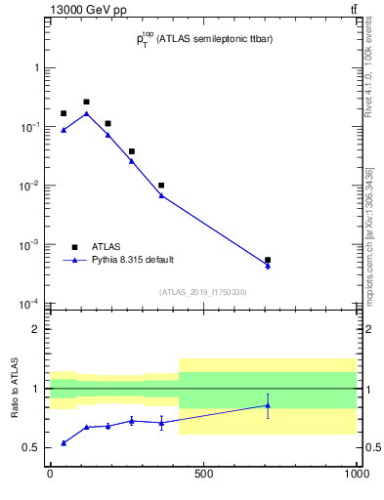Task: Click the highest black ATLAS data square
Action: click(86, 102)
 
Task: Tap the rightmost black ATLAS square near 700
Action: click(268, 260)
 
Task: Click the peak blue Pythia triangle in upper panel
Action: click(86, 113)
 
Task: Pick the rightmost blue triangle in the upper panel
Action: click(268, 266)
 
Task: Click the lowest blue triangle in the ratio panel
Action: click(64, 442)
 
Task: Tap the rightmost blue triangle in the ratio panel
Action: click(268, 405)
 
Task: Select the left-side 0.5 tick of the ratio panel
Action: click(33, 448)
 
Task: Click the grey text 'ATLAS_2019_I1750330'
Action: click(203, 292)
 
